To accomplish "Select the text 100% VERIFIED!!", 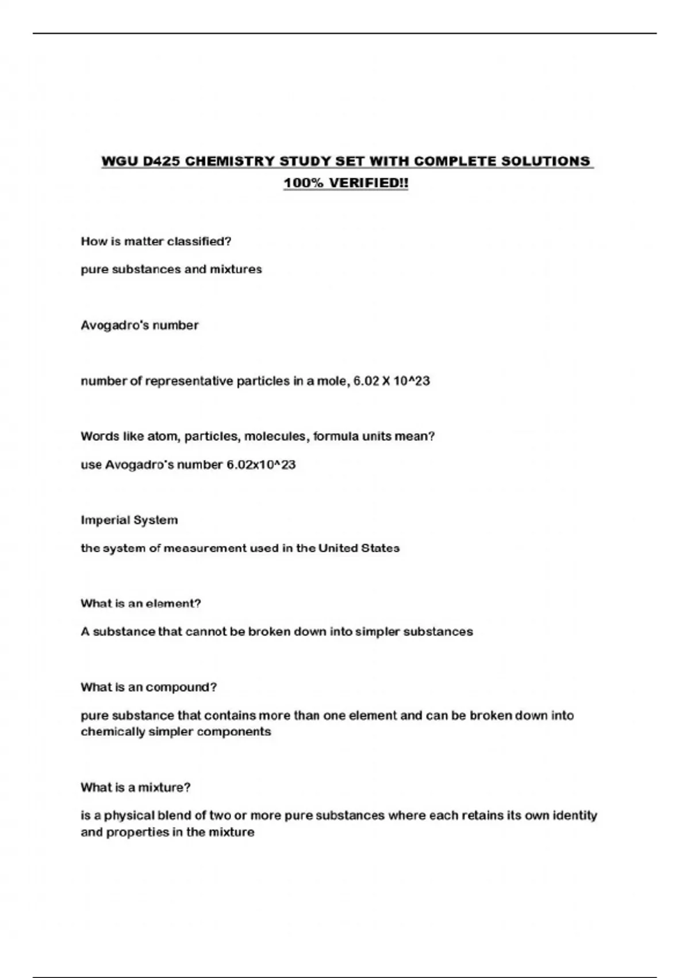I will pos(346,183).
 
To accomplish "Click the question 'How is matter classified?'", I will pos(156,242).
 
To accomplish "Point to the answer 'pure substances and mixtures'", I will pos(171,269).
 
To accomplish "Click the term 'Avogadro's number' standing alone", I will pos(140,326).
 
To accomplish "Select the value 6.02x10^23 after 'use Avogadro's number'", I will pos(261,465).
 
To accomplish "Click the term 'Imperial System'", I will pos(129,520).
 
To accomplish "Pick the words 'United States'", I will pos(359,548).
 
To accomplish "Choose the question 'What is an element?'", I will pos(141,603).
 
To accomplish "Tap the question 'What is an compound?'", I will pos(149,687).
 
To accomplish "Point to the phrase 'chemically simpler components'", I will pos(176,732).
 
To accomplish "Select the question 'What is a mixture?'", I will pos(136,788).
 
